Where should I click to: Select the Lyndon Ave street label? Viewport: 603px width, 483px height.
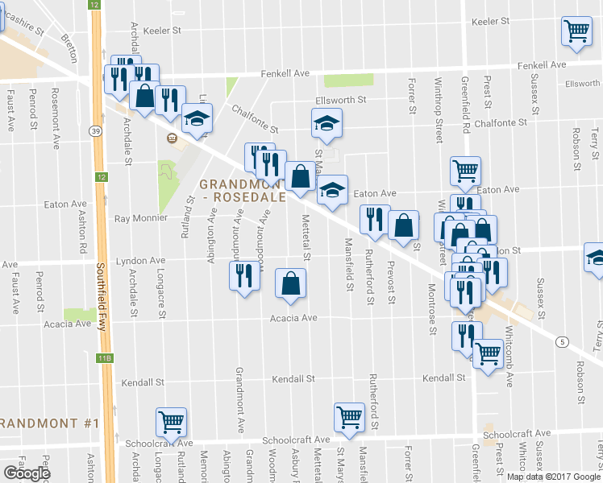click(140, 261)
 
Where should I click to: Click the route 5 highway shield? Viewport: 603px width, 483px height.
click(560, 342)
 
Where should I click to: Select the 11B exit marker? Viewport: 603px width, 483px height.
click(104, 357)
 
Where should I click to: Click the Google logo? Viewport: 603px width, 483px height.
click(26, 473)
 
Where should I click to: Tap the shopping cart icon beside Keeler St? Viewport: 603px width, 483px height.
click(577, 31)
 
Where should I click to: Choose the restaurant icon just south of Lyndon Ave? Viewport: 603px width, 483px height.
click(243, 276)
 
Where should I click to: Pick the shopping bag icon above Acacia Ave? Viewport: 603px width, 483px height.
click(290, 283)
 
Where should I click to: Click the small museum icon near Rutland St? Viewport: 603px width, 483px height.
click(171, 138)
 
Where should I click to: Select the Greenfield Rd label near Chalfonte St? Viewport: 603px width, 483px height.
click(465, 105)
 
